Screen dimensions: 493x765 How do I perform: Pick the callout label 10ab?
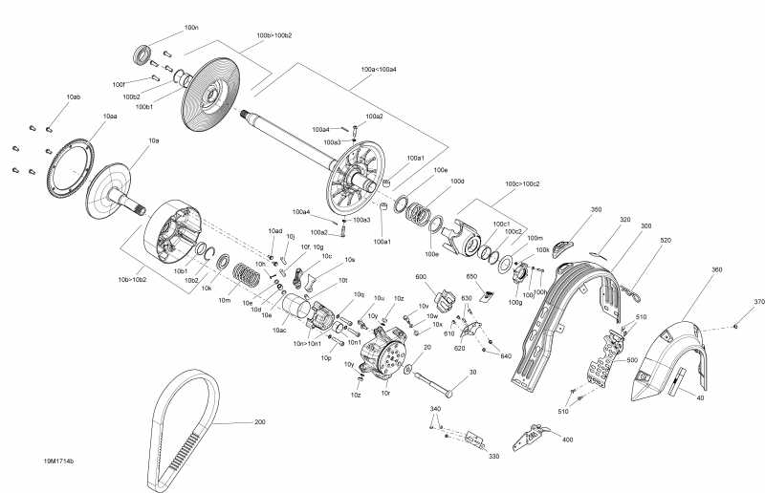74,97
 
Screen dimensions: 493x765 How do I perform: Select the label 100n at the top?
191,28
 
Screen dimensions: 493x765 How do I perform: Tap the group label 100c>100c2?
521,183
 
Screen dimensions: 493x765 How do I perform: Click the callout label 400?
567,439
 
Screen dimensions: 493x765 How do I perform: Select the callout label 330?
494,457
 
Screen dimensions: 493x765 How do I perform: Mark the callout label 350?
596,209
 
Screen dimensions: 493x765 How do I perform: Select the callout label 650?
471,276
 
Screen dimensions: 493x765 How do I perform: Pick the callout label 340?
436,409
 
